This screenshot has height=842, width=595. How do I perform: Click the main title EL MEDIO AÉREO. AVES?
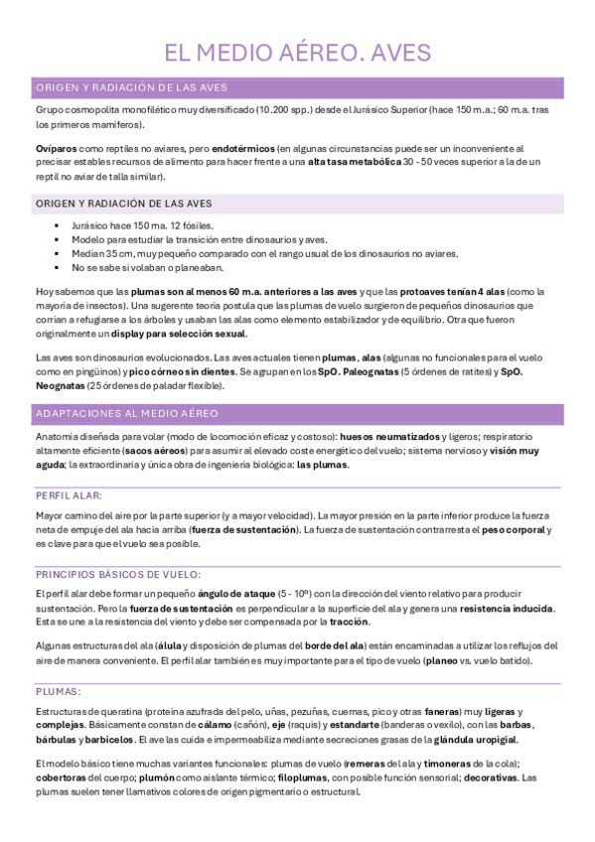coord(297,54)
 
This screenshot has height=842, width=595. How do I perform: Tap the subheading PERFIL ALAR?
coord(68,494)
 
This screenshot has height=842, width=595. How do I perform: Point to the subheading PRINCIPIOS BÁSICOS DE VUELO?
coord(118,573)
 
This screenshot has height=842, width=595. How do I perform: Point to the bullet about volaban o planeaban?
coord(147,268)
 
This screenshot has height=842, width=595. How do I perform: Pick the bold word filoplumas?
coord(305,778)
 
